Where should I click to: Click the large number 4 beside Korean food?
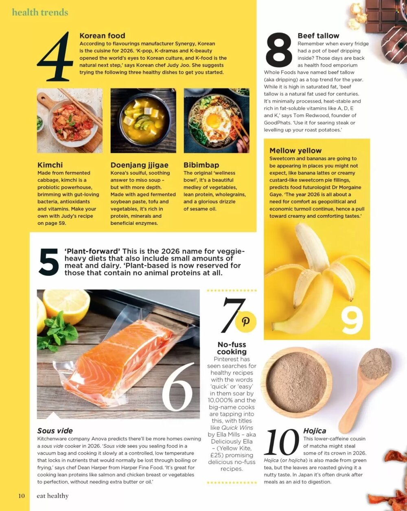(55, 57)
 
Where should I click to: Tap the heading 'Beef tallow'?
(318, 36)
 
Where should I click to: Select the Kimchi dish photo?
(70, 121)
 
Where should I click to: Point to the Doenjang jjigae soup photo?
(143, 121)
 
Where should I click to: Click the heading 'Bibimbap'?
(201, 165)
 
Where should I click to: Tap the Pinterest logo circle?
(246, 321)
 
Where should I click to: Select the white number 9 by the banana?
(352, 320)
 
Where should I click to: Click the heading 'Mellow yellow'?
(295, 151)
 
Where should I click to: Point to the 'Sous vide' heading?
(55, 431)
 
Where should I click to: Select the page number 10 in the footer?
(21, 496)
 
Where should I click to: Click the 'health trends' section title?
(40, 12)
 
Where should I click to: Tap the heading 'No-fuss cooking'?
(232, 348)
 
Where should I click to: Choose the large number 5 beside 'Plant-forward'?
(49, 263)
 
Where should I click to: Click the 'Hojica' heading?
(315, 431)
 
